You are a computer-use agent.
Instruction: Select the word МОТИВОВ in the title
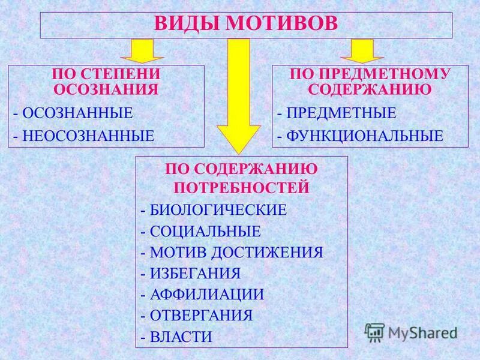[x=282, y=24]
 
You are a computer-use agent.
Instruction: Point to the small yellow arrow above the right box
[x=362, y=51]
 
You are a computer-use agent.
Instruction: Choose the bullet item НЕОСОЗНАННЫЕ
[x=87, y=136]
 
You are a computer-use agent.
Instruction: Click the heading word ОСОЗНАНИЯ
[x=106, y=89]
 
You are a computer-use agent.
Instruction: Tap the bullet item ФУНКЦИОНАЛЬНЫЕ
[x=364, y=136]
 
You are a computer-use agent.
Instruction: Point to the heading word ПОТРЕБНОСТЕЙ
[x=242, y=188]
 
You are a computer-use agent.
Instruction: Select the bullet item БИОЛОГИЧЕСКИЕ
[x=218, y=211]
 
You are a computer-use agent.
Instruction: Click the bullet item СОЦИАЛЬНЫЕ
[x=205, y=232]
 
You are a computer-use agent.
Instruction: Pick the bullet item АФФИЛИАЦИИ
[x=207, y=295]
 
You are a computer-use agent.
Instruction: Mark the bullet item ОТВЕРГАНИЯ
[x=201, y=316]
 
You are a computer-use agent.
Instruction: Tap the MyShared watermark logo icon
[x=374, y=332]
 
